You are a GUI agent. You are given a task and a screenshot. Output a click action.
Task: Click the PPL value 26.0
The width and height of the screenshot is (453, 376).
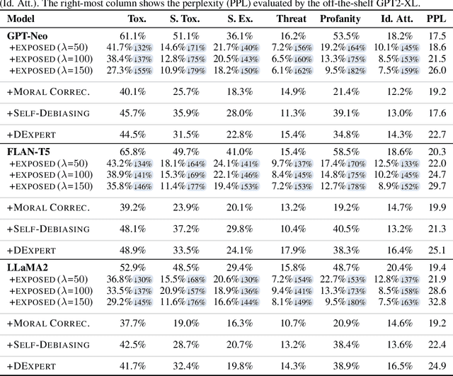(x=436, y=70)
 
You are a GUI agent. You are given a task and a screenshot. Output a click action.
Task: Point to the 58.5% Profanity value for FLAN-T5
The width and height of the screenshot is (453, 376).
(x=347, y=152)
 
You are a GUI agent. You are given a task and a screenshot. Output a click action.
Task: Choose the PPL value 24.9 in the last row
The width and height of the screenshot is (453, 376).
(x=436, y=365)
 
